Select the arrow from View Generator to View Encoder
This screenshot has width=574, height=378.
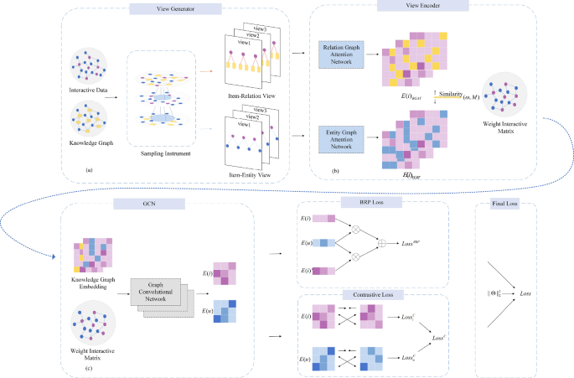(298, 51)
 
